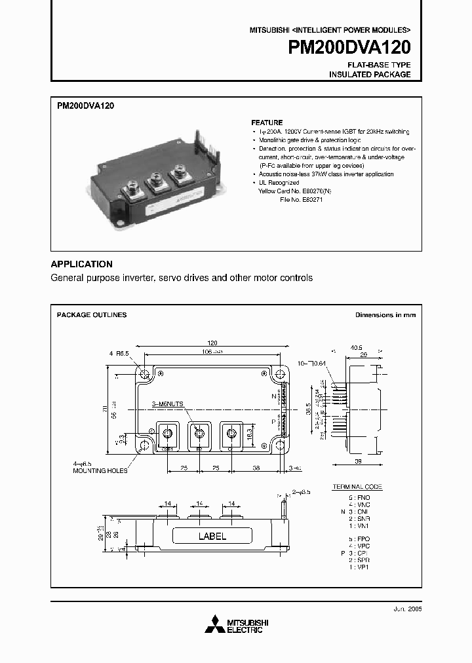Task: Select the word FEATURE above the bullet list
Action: (x=267, y=123)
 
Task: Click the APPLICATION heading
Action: (x=81, y=264)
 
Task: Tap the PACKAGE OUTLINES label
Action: (x=92, y=315)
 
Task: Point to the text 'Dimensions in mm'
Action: (x=385, y=315)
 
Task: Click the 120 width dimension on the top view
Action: (x=212, y=343)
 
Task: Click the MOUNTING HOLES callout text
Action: (x=100, y=470)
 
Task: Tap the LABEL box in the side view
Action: (x=212, y=536)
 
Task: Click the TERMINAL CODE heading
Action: (x=357, y=487)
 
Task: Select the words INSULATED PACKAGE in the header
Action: (x=370, y=75)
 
